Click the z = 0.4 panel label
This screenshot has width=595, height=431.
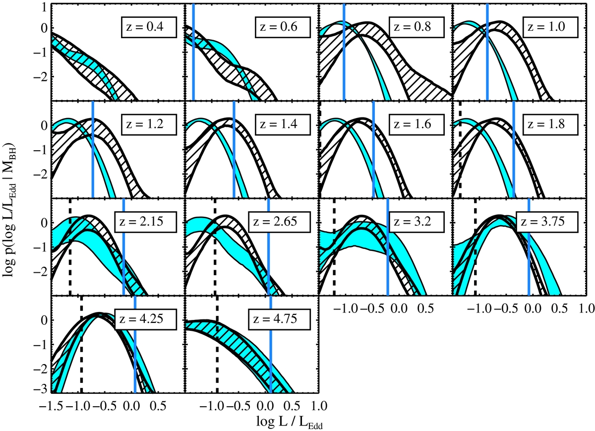pos(149,27)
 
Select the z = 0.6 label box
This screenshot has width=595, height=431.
pos(283,27)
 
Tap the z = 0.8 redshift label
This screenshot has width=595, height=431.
pos(416,27)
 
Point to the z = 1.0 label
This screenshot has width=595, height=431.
pos(550,27)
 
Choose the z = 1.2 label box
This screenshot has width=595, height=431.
pos(149,124)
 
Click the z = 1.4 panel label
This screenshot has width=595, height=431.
pos(283,124)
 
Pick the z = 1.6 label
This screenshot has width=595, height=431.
pos(416,124)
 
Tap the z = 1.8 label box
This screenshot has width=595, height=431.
pos(550,124)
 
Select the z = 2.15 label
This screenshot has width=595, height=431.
pos(146,222)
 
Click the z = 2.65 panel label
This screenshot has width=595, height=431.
pos(280,222)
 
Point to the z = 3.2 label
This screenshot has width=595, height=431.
pos(416,222)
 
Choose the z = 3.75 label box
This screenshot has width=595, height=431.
pos(547,222)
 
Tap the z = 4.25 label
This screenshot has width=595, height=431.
pos(146,319)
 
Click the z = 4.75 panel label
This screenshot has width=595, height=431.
pos(280,319)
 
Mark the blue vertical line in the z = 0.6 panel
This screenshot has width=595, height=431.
pos(193,52)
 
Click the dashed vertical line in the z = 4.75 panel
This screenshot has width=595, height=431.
pos(217,344)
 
